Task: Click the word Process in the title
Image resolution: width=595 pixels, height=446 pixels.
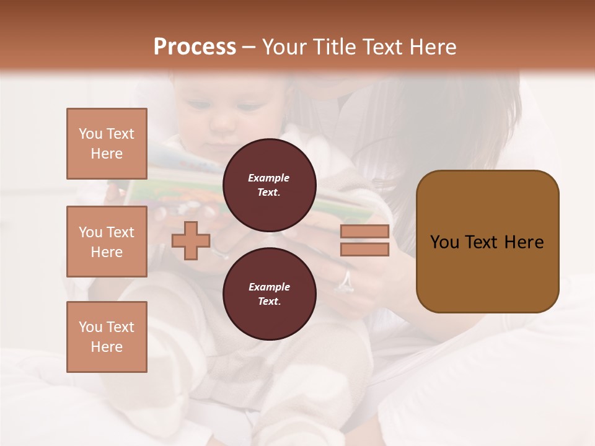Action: tap(195, 47)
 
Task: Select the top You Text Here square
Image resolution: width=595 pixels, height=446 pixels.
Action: tap(107, 144)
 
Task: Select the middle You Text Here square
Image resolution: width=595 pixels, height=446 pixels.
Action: tap(107, 242)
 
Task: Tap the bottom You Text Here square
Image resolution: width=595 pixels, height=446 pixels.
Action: tap(107, 337)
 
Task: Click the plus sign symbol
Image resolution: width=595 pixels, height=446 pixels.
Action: tap(190, 241)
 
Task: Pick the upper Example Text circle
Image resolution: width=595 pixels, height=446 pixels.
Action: tap(269, 185)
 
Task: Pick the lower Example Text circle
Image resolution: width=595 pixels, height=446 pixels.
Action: tap(269, 294)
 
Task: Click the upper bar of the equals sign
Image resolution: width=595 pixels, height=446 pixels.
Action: tap(364, 232)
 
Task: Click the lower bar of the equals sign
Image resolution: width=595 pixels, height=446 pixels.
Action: tap(364, 250)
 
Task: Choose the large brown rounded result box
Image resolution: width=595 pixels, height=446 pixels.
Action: tap(487, 242)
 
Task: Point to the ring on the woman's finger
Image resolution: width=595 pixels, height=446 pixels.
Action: tap(345, 282)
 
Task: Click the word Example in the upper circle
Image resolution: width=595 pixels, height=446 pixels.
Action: tap(269, 178)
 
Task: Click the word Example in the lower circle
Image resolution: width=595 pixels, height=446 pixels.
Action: tap(269, 287)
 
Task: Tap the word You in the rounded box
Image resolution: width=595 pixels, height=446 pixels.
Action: tap(444, 242)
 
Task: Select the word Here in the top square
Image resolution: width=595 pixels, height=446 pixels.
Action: tap(107, 154)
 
